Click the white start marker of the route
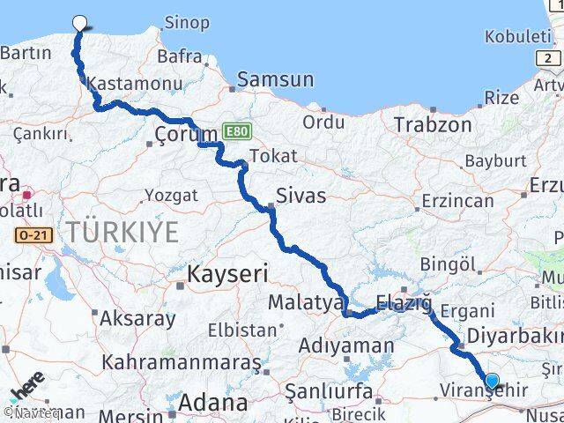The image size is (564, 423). click(x=80, y=24)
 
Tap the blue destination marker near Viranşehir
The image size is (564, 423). click(x=492, y=382)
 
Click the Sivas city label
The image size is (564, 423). click(x=301, y=195)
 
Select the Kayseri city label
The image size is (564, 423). click(x=226, y=275)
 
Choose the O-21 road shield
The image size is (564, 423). click(x=29, y=235)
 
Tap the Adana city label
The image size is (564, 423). click(x=212, y=403)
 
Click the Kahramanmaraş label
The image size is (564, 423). click(x=182, y=361)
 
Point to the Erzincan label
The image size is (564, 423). click(x=457, y=201)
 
